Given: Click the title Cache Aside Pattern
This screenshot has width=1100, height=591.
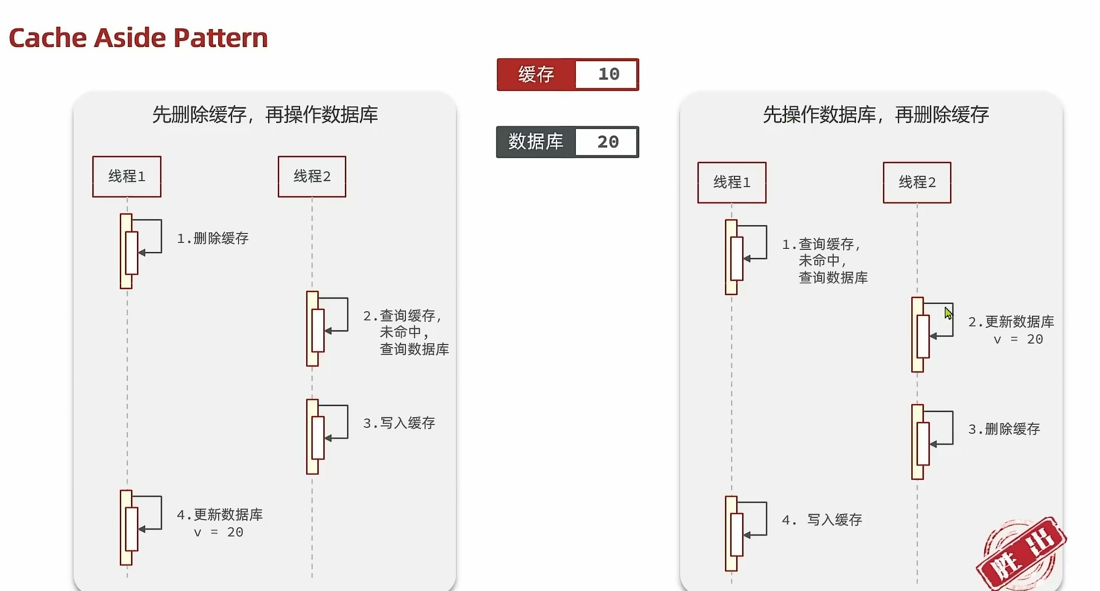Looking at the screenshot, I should click(x=138, y=38).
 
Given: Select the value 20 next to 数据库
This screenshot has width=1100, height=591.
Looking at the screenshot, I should click(x=607, y=142).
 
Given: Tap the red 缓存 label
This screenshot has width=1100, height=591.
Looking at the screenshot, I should click(x=536, y=74).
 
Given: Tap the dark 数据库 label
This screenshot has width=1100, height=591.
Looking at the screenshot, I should click(x=536, y=142).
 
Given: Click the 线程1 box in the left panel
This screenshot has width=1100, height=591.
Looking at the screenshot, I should click(x=127, y=176).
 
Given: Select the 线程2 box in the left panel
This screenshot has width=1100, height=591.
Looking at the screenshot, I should click(x=312, y=176).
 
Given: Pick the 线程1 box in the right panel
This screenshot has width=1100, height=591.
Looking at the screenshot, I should click(x=732, y=182).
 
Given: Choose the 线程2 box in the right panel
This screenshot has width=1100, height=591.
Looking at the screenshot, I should click(x=917, y=182).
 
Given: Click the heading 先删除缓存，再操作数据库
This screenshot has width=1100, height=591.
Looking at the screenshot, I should click(x=265, y=115).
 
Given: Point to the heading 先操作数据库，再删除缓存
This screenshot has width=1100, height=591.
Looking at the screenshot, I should click(x=875, y=115).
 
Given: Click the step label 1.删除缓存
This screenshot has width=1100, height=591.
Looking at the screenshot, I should click(x=213, y=238).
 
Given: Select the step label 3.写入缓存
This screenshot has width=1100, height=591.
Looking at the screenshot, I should click(x=399, y=423).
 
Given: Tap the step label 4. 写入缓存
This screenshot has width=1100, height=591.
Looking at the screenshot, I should click(x=822, y=520).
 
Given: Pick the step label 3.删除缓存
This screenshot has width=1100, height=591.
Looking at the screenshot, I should click(x=1004, y=429).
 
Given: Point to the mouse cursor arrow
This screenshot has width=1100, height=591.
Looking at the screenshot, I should click(x=948, y=313).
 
